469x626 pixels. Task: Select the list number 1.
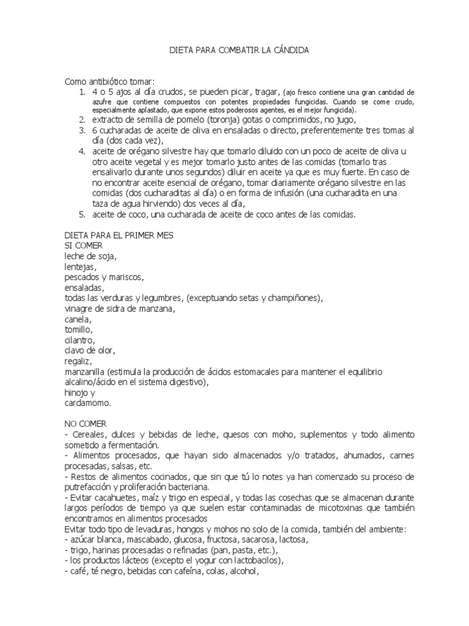81,91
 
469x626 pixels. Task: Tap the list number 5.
81,215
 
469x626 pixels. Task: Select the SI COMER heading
84,245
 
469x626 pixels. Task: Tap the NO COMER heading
85,422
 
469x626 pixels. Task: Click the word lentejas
80,267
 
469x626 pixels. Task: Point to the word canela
78,319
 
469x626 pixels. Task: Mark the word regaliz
78,361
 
